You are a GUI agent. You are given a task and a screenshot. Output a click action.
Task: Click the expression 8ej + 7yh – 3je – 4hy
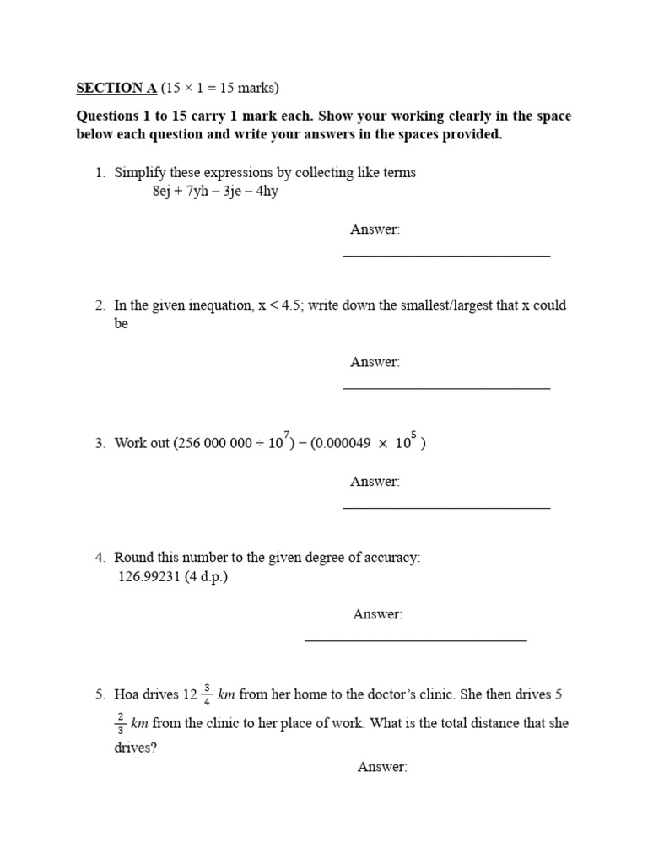click(x=214, y=192)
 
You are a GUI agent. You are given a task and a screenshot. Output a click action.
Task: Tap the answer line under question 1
click(x=446, y=255)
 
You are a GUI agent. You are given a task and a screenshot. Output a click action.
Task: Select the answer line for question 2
click(x=446, y=388)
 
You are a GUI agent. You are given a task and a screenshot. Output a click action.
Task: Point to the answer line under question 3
click(x=446, y=508)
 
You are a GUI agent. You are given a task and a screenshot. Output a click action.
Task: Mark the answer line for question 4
click(x=415, y=640)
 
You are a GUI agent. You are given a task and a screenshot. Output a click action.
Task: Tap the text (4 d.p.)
click(x=207, y=577)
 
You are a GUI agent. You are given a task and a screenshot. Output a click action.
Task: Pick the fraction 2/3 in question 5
click(x=121, y=724)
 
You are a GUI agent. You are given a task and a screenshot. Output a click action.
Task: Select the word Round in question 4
click(x=132, y=558)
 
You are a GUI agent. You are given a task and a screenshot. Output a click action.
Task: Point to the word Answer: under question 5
click(x=382, y=767)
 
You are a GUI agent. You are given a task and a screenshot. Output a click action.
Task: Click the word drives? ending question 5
click(x=135, y=748)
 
